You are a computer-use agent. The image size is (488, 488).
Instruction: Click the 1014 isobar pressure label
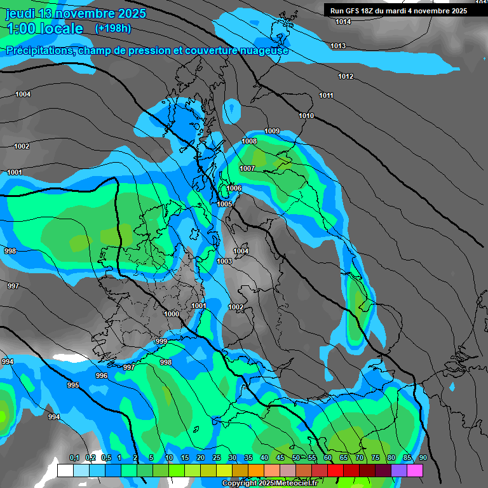pos(343,22)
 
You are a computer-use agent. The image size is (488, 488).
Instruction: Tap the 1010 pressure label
pos(306,116)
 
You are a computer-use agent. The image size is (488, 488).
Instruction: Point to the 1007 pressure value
pos(247,168)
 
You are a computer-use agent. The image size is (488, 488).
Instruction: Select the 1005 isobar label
pos(224,204)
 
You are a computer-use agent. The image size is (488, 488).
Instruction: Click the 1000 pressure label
pos(172,314)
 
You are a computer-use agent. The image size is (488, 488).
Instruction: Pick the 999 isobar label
pos(161,342)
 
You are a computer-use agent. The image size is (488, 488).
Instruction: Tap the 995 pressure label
pos(73,386)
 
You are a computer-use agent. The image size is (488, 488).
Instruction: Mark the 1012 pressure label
pos(346,77)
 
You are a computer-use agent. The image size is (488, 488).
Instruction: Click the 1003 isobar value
pos(224,261)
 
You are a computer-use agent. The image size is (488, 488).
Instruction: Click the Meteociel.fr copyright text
pos(269,483)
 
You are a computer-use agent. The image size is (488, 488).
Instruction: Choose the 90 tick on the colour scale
pos(423,458)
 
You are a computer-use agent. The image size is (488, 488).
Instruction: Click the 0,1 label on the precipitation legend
pos(74,458)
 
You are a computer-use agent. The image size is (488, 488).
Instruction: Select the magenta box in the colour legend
pos(415,470)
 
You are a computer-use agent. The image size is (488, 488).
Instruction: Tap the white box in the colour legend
pos(65,470)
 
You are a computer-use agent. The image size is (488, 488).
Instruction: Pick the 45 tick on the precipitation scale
pos(280,458)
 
